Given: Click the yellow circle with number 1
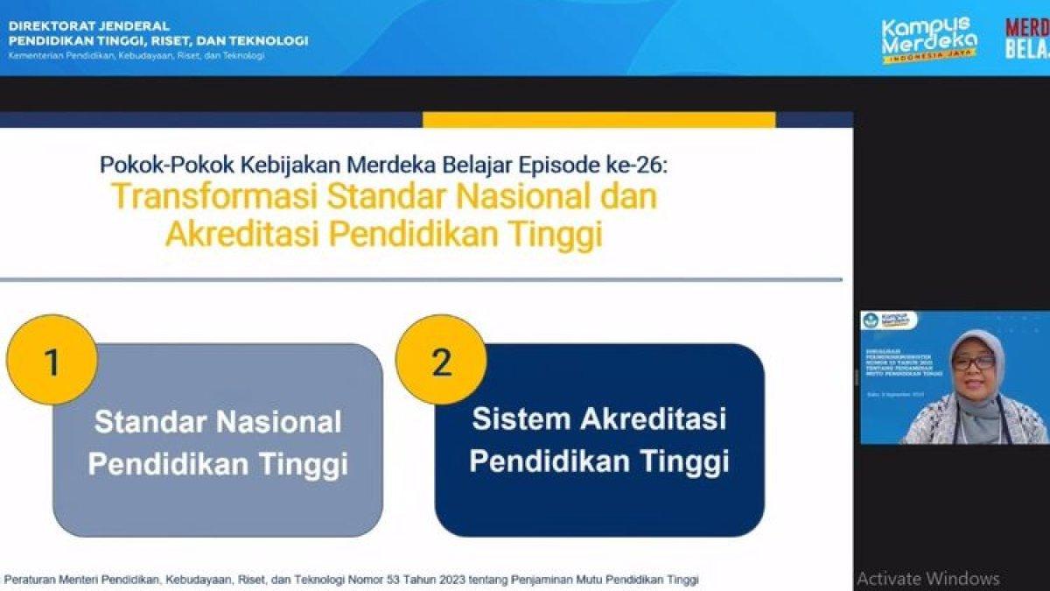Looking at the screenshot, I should point(51,360).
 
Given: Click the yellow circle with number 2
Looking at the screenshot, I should point(440,360).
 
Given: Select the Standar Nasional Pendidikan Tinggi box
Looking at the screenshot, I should point(218,442).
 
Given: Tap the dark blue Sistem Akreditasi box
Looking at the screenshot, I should point(599,440).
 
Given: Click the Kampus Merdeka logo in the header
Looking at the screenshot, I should point(928,39).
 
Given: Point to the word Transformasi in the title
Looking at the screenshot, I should point(214,196).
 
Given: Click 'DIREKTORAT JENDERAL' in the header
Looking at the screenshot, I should point(89,26).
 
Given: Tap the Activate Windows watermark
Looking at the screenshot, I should point(927,578).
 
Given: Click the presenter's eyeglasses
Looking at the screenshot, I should point(974,362).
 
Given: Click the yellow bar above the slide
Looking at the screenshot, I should point(598,120).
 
